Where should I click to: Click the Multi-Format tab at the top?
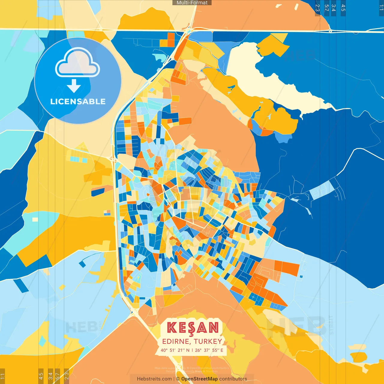192,3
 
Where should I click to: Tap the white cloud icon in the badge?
77,62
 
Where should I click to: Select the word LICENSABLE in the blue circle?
78,101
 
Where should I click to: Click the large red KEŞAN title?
193,328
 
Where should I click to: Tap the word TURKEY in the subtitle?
208,341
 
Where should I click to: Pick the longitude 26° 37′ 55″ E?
209,350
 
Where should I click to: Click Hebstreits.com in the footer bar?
154,379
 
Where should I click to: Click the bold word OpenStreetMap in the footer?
199,379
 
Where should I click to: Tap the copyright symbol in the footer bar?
178,379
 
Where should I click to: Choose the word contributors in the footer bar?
233,379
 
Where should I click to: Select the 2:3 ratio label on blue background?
317,8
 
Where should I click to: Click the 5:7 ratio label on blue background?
326,8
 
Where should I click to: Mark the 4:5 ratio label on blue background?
343,8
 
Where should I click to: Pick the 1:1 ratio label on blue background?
381,8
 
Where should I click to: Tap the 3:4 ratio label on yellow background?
50,376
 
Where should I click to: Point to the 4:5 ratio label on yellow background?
41,376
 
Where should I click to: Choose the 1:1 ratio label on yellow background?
3,376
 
